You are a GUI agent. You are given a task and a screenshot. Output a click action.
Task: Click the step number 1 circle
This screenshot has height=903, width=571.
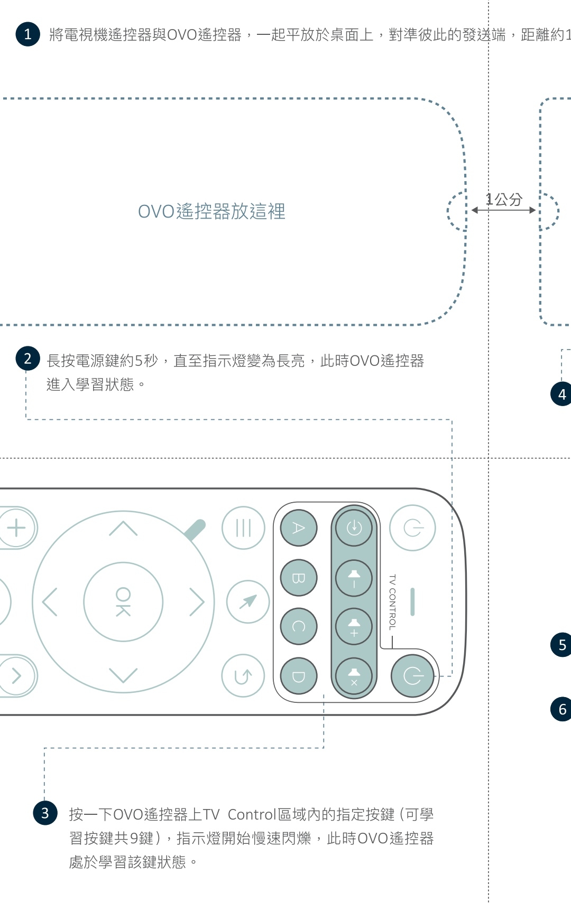pos(28,34)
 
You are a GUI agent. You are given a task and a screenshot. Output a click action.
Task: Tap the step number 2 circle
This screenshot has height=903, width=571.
pos(28,359)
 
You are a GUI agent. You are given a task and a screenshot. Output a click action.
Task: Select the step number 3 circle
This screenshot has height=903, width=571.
pos(45,813)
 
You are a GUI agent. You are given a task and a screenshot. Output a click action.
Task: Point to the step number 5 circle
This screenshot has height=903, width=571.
pos(561,645)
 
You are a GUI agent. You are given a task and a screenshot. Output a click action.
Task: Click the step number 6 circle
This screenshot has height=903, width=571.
pos(561,709)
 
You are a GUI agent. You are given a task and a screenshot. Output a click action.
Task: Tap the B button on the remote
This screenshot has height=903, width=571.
pos(299,578)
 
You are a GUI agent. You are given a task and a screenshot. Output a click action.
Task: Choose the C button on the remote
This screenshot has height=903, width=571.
pos(299,626)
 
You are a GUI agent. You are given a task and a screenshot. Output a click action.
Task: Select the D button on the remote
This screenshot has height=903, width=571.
pos(299,676)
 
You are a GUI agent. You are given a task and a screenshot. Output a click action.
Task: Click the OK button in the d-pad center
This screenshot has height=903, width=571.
pos(123,602)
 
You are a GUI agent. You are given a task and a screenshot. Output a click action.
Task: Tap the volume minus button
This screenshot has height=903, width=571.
pos(354,578)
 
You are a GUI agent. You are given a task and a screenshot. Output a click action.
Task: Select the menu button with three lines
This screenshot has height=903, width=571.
pos(243,528)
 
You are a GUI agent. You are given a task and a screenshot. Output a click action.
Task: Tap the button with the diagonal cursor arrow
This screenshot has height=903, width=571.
pos(248,601)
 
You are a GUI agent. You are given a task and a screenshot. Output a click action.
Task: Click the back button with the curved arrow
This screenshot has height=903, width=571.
pos(243,676)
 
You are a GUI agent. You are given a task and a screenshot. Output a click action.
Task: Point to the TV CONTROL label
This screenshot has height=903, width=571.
pos(392,602)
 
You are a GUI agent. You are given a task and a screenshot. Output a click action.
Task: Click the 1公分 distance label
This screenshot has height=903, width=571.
pos(504,200)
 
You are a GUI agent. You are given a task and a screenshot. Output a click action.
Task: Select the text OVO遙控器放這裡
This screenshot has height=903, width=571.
pos(211,211)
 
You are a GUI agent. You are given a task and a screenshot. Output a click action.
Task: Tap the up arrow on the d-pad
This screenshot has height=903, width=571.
pos(123,528)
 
